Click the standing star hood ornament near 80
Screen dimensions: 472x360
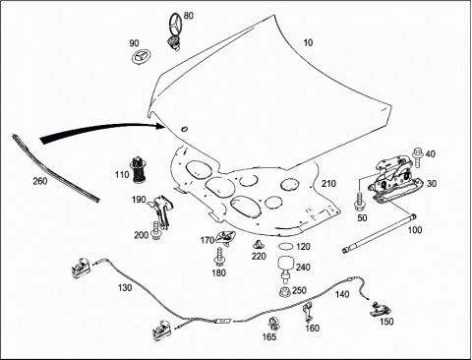pyautogui.click(x=175, y=31)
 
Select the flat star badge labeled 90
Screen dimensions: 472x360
pyautogui.click(x=141, y=57)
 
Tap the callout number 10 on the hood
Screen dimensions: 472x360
pyautogui.click(x=308, y=42)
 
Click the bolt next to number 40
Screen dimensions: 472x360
pyautogui.click(x=418, y=156)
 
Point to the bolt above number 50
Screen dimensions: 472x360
pyautogui.click(x=360, y=202)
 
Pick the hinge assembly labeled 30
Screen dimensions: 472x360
pyautogui.click(x=396, y=180)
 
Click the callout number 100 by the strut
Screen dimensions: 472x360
pyautogui.click(x=415, y=230)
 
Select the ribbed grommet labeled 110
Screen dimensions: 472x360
pyautogui.click(x=140, y=170)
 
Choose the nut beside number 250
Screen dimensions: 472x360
pyautogui.click(x=285, y=292)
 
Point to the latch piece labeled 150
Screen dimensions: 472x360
pyautogui.click(x=381, y=309)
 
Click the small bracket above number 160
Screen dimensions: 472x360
pyautogui.click(x=308, y=312)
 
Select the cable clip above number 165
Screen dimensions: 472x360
pyautogui.click(x=274, y=324)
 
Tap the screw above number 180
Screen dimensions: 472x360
pyautogui.click(x=219, y=257)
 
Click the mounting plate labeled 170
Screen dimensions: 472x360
pyautogui.click(x=226, y=237)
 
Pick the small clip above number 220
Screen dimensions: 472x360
pyautogui.click(x=259, y=245)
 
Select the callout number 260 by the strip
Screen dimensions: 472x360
pyautogui.click(x=40, y=181)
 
